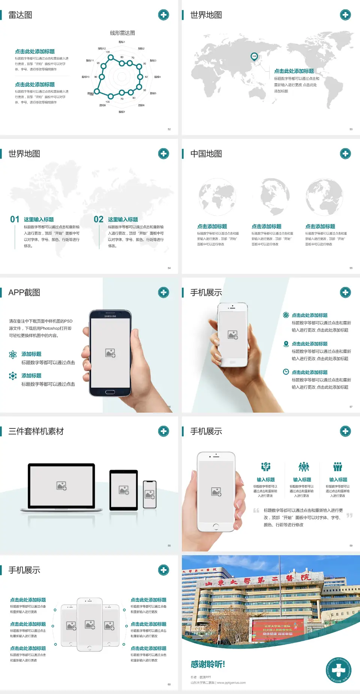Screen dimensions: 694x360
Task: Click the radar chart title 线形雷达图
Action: (x=122, y=33)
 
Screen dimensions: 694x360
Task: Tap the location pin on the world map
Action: (x=254, y=57)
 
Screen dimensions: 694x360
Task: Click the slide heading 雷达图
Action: (x=20, y=15)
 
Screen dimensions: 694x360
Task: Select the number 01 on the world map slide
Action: (x=15, y=219)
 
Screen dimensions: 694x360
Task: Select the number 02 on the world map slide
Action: (x=98, y=219)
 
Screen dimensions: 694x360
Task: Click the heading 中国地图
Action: (x=206, y=154)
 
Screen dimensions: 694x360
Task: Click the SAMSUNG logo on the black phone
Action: (x=110, y=316)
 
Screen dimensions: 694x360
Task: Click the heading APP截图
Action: (x=24, y=293)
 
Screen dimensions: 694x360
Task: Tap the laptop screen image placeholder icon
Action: (x=61, y=486)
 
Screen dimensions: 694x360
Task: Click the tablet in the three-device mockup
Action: (x=124, y=490)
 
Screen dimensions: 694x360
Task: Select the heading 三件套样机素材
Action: (x=36, y=431)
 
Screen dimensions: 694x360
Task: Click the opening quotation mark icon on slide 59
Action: (x=256, y=511)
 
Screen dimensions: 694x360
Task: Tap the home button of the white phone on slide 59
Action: (x=216, y=527)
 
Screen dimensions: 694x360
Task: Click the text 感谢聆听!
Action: (x=208, y=664)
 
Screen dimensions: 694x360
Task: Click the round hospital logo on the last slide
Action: (x=338, y=670)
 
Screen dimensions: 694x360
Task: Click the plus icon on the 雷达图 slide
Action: (x=163, y=15)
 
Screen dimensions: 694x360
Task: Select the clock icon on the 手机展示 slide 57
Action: (x=286, y=372)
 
